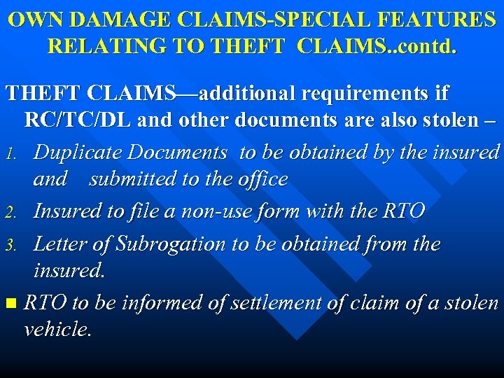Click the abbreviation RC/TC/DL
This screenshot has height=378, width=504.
[78, 120]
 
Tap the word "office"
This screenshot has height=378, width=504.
[262, 179]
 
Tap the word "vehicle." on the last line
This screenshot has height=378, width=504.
[57, 330]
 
